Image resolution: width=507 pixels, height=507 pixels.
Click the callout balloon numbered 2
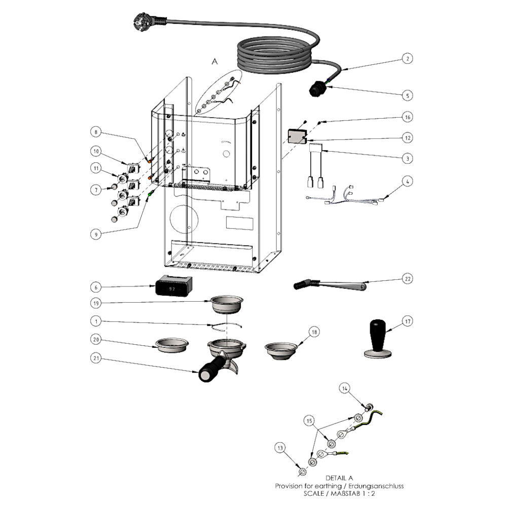coord(407,59)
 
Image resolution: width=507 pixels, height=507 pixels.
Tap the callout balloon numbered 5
coord(407,95)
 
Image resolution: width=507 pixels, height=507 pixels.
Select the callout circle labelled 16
coord(407,117)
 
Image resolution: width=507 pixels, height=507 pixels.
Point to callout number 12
coord(407,137)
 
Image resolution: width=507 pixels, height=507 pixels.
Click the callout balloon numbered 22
coord(407,278)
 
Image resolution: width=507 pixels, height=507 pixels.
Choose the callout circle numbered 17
coord(407,321)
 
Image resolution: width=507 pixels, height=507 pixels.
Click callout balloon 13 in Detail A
coord(280,447)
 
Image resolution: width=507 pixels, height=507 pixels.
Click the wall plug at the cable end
coord(144,21)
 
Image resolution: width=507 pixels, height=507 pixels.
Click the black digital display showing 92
coord(174,286)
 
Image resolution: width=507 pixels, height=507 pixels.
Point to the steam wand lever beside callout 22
coord(330,285)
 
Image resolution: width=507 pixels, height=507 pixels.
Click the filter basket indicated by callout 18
coord(280,351)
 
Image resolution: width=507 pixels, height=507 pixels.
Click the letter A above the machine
coord(214,61)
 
